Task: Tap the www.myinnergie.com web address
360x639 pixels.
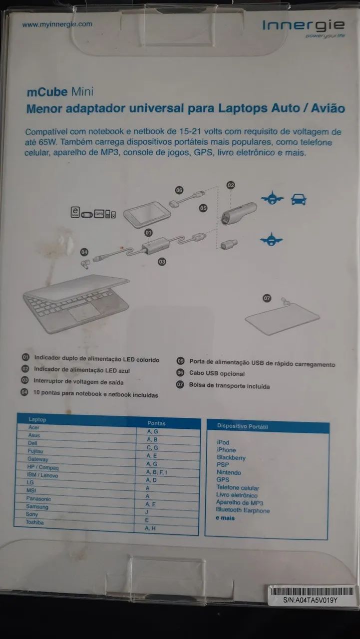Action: (x=57, y=24)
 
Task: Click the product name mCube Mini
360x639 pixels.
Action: (x=60, y=91)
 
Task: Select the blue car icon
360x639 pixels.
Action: (x=299, y=200)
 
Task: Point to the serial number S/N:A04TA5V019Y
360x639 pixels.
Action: (x=310, y=601)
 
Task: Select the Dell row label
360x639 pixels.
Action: (x=32, y=443)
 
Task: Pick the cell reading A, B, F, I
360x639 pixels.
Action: (x=156, y=472)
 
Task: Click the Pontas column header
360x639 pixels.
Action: (x=156, y=423)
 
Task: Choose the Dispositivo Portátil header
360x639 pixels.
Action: (x=243, y=426)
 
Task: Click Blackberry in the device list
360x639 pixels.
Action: (x=231, y=458)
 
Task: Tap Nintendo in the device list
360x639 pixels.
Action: (x=229, y=473)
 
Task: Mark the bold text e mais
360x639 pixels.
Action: (x=225, y=518)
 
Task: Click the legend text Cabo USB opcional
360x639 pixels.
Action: (x=217, y=373)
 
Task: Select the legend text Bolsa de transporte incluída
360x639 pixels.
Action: (x=229, y=386)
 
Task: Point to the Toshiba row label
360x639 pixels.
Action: (x=35, y=523)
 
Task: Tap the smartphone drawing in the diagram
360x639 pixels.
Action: (x=147, y=215)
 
